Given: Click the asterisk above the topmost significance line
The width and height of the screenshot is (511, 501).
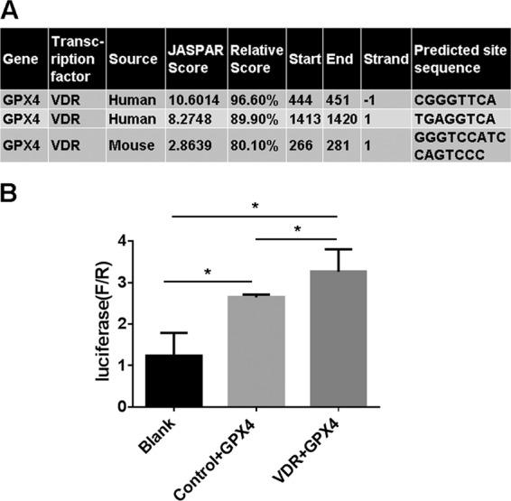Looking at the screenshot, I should pyautogui.click(x=257, y=206).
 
